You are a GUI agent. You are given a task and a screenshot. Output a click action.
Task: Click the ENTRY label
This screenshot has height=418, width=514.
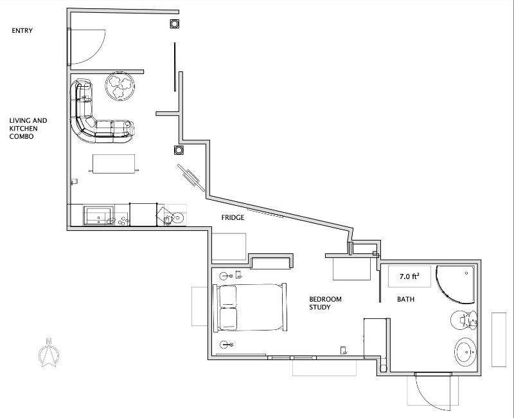point(22,30)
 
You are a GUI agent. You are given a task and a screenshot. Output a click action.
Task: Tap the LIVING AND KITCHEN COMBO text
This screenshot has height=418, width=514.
point(28,129)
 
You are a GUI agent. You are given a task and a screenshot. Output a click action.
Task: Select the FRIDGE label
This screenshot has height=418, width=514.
point(233,217)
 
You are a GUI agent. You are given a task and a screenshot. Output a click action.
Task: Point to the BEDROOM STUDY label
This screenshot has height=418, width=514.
point(325,303)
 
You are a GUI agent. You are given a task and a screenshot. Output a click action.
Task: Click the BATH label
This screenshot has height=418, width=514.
point(406,299)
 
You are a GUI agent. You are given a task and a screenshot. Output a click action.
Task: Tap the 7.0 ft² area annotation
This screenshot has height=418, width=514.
point(409,277)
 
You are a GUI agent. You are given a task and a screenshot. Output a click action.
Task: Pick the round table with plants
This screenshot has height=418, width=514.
point(120,86)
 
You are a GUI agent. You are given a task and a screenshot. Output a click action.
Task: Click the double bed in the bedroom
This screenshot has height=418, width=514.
point(250,307)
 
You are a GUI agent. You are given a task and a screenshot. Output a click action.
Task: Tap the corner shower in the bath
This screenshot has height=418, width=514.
point(455,284)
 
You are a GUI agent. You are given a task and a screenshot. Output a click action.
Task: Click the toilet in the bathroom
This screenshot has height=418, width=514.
point(464,320)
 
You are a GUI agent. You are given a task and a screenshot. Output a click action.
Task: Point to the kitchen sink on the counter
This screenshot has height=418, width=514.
point(98,215)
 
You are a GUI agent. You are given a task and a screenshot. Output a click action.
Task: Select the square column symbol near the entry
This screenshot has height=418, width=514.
point(174,24)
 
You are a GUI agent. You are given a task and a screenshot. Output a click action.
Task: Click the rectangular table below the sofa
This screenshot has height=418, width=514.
point(114,164)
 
